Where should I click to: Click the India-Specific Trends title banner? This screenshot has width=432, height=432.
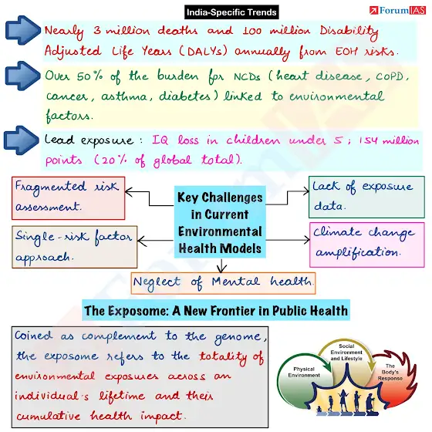[x=231, y=12]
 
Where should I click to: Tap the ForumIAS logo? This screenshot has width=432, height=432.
[x=397, y=11]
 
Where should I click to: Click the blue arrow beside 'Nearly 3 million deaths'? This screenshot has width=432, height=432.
[x=23, y=30]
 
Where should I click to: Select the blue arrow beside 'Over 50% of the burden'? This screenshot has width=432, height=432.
[x=23, y=76]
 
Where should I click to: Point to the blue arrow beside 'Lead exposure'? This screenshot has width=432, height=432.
[x=22, y=140]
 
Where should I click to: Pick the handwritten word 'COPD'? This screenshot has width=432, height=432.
[x=390, y=76]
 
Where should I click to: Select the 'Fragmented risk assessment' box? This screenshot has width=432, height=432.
[x=69, y=198]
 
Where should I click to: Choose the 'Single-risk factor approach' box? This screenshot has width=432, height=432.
[x=74, y=247]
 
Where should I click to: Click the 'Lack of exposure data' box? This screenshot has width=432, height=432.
[x=366, y=197]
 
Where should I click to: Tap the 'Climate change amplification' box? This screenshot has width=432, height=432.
[x=367, y=245]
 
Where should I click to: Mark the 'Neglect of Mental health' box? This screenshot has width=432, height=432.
[x=223, y=283]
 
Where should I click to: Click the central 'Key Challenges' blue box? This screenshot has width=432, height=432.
[x=220, y=222]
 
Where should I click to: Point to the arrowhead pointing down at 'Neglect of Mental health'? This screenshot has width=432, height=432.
[x=221, y=269]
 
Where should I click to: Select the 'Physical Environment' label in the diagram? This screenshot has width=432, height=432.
[x=304, y=372]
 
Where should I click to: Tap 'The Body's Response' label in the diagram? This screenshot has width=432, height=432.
[x=390, y=372]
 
